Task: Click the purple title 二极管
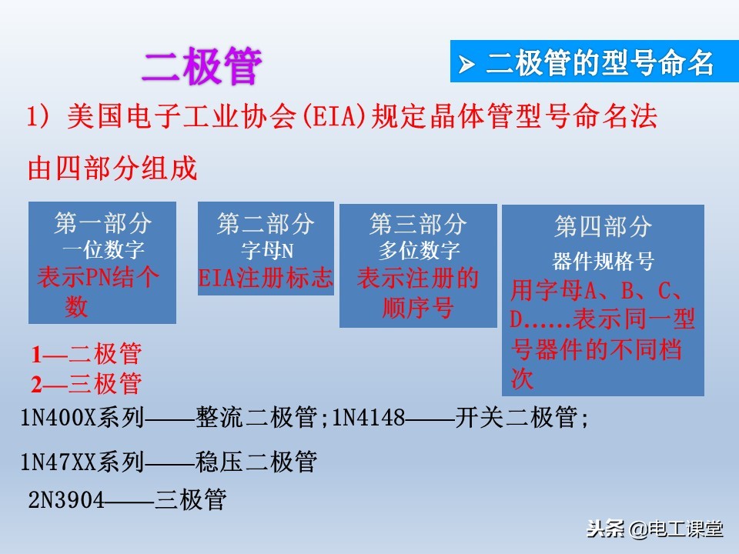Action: [202, 67]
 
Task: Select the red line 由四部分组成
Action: [112, 168]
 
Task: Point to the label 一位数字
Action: [102, 250]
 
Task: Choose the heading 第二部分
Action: [266, 224]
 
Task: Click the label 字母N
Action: [266, 250]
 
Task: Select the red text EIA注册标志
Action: [266, 277]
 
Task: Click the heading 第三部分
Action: [418, 224]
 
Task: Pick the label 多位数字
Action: [418, 250]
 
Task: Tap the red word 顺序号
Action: [418, 308]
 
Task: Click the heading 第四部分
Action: [603, 226]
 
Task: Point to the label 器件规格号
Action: [603, 262]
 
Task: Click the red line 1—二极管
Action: [86, 355]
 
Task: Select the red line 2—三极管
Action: [86, 382]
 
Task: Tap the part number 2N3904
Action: [66, 500]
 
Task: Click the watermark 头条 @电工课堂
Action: [655, 529]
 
